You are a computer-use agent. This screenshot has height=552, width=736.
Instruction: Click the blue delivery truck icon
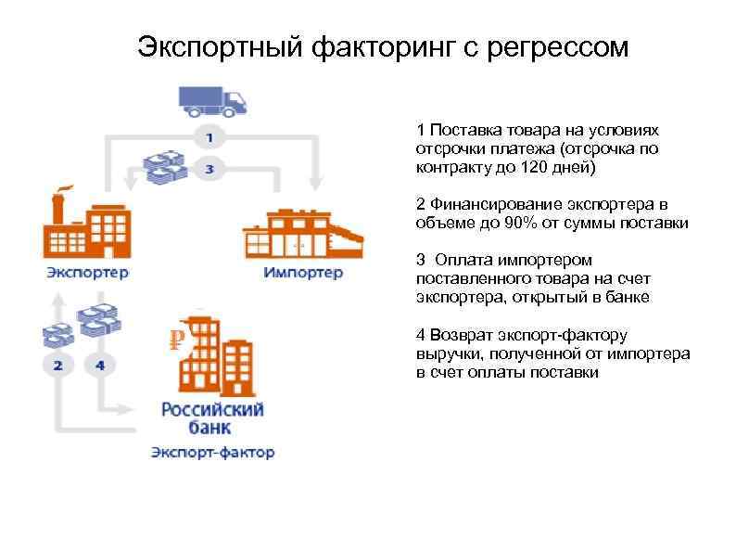[x=214, y=99]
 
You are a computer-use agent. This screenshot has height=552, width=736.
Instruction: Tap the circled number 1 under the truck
[x=209, y=137]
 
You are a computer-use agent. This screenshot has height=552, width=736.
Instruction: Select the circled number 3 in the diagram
[x=209, y=169]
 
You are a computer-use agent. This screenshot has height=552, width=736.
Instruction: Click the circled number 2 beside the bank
[x=57, y=365]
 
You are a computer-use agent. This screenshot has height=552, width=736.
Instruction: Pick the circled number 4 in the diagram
[x=99, y=365]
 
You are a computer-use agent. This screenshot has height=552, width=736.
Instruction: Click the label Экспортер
[x=87, y=273]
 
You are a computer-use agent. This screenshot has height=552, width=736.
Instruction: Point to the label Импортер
[x=303, y=273]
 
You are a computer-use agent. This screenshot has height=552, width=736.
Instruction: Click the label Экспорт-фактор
[x=213, y=453]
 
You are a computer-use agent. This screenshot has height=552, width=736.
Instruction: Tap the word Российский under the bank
[x=212, y=409]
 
